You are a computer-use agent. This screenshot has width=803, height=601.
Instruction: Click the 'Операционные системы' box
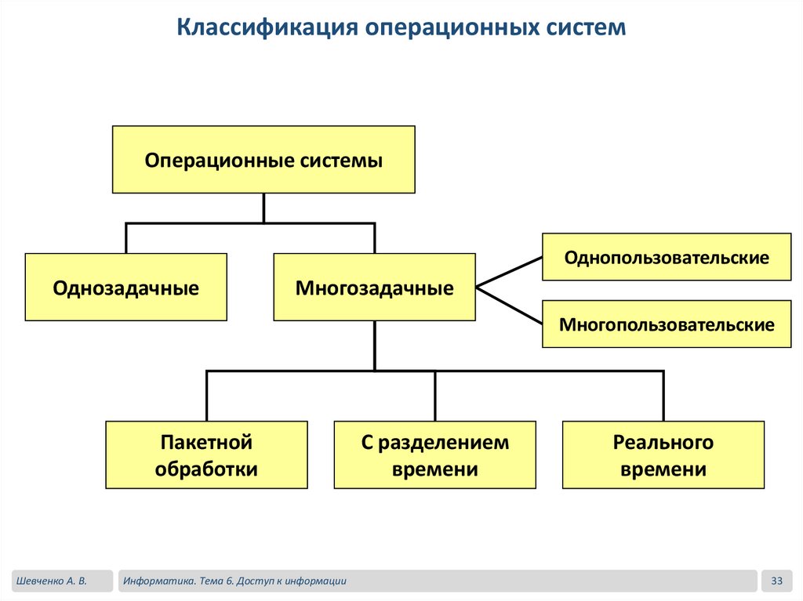[263, 160]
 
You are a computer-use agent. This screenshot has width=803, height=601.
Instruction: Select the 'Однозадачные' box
[125, 288]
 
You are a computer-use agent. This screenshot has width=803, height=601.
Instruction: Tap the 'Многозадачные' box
[374, 288]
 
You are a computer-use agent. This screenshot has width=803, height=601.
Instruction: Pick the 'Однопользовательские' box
[667, 257]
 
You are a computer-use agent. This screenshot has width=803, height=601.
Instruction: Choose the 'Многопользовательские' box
[667, 324]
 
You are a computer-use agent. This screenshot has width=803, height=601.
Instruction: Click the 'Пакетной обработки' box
[206, 455]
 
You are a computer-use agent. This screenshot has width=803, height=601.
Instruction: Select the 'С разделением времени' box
[434, 455]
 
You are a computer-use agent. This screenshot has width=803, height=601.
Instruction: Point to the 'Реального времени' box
[663, 455]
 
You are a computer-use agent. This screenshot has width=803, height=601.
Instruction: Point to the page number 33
[777, 581]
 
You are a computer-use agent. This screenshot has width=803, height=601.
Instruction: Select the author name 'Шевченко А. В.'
[49, 581]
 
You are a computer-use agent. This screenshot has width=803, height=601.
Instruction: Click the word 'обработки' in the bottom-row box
[206, 469]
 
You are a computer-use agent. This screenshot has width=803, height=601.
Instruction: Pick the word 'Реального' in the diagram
[663, 443]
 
